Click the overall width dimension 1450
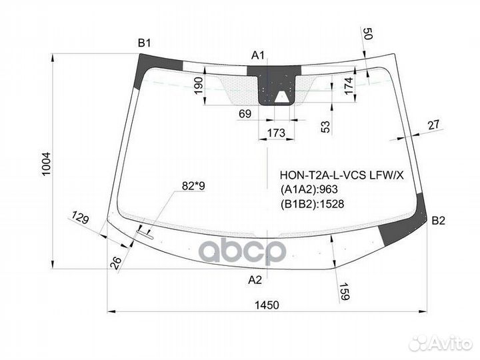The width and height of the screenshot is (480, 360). click(267, 305)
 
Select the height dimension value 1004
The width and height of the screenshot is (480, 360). click(46, 164)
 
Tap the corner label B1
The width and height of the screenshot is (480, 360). click(144, 43)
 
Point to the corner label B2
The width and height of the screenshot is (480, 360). click(438, 221)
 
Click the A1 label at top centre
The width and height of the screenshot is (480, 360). click(258, 55)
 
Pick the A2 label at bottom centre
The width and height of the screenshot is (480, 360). click(255, 280)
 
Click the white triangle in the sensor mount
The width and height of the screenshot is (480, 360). click(281, 97)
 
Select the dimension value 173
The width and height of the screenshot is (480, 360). click(276, 133)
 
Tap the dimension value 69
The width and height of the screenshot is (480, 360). click(245, 114)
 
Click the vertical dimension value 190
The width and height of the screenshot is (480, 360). click(199, 86)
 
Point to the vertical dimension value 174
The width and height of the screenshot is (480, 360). click(349, 85)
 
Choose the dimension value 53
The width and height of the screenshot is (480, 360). click(326, 127)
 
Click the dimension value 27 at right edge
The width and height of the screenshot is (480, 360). click(433, 125)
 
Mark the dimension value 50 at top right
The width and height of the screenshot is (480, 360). click(367, 33)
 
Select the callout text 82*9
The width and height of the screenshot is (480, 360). click(193, 186)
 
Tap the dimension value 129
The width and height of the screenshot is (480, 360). click(80, 217)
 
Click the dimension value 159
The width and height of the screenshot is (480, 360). click(344, 291)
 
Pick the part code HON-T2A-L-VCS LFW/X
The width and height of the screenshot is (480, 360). click(342, 175)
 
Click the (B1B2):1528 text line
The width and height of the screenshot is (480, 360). click(312, 204)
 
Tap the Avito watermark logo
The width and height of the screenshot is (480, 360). click(441, 343)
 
